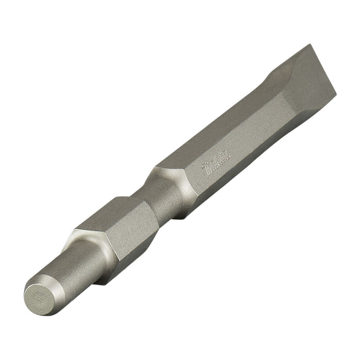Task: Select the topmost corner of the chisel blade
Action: click(311, 45)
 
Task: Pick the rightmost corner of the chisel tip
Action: click(336, 95)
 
